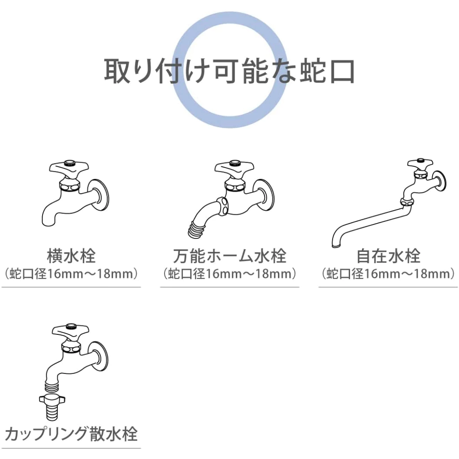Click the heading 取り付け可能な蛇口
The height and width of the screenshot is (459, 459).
click(229, 71)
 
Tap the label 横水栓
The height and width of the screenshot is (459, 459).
click(71, 256)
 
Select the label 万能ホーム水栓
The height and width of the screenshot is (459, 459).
click(229, 256)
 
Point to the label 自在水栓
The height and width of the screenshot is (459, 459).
click(388, 256)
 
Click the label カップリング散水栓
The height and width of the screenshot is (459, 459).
click(71, 433)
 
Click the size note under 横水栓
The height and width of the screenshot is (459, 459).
click(71, 274)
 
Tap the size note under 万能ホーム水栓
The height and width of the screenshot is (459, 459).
click(229, 274)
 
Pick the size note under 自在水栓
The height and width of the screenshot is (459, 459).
click(388, 274)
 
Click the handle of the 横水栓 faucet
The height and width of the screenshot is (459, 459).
click(69, 169)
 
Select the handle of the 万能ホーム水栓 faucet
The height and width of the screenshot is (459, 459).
click(234, 169)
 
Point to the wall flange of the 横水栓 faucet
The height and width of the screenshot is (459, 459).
click(98, 195)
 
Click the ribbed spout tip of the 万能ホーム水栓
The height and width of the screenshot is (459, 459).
click(196, 228)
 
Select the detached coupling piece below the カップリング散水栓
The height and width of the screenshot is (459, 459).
click(52, 406)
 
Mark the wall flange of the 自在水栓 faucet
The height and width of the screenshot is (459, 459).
click(440, 181)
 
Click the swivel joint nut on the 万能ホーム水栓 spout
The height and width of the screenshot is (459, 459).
click(223, 206)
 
